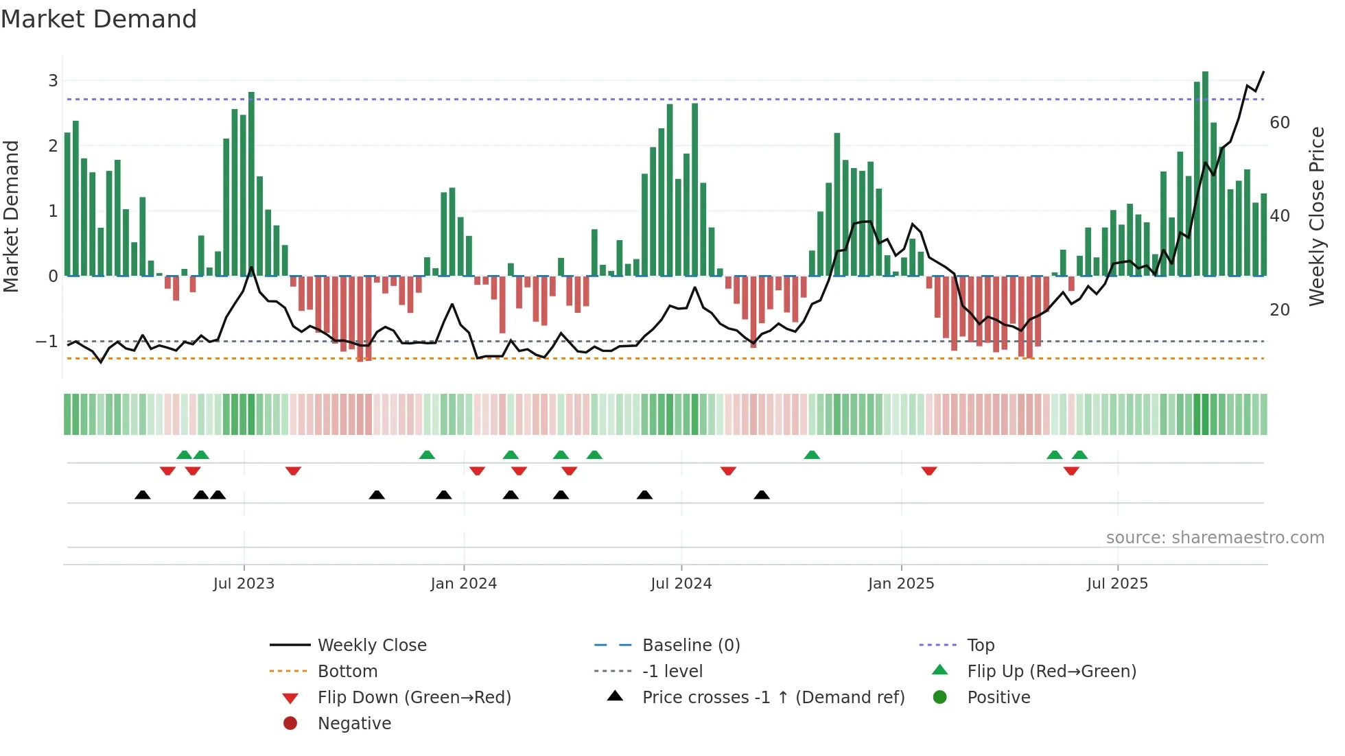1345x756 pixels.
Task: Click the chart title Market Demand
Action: (99, 19)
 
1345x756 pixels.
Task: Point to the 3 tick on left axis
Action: (53, 81)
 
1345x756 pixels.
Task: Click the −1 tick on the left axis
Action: (47, 341)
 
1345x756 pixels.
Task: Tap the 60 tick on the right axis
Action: (1280, 123)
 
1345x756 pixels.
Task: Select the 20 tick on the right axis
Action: (1280, 310)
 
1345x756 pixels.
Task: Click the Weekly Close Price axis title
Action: (1316, 216)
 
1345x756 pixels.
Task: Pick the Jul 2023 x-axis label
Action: (244, 584)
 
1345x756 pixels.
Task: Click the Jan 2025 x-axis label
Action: (900, 584)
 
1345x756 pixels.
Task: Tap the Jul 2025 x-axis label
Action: (1117, 584)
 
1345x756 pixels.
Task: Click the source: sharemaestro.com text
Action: (1215, 538)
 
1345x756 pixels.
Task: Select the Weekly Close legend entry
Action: (371, 646)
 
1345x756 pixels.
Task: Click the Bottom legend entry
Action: (347, 672)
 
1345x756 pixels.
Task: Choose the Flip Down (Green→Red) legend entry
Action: (414, 698)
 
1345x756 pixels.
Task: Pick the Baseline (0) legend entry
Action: (690, 646)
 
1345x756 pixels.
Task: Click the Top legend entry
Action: (981, 646)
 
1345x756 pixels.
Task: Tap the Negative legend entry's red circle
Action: (290, 724)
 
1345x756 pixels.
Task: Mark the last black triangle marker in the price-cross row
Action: (762, 495)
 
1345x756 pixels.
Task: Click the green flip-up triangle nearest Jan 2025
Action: (812, 455)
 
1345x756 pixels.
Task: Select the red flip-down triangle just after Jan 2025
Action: (929, 471)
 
